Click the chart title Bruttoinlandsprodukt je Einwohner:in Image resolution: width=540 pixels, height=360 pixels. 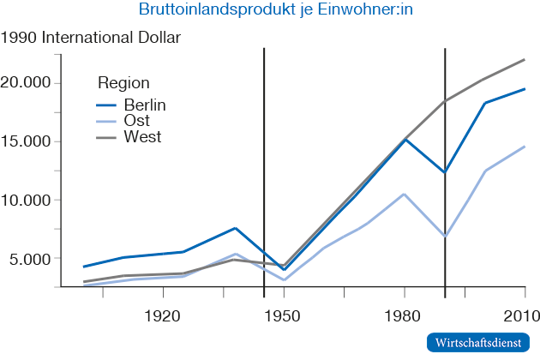(269, 11)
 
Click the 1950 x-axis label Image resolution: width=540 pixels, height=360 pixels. (284, 315)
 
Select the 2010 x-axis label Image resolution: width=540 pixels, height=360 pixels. (519, 315)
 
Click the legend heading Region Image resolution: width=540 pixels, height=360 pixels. (124, 83)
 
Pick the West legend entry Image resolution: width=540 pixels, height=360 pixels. (141, 137)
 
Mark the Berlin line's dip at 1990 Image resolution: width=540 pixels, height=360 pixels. (445, 172)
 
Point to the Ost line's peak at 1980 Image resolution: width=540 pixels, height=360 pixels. (405, 194)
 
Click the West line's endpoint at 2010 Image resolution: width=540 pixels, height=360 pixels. (525, 59)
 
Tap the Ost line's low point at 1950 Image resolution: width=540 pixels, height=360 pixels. (284, 280)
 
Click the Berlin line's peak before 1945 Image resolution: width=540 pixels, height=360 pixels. (236, 228)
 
